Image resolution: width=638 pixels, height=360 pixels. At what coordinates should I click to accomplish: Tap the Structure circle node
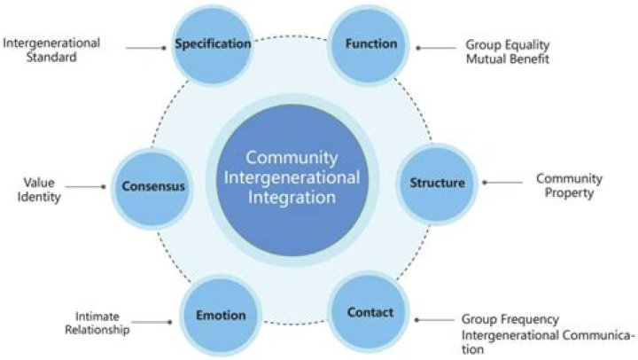[436, 184]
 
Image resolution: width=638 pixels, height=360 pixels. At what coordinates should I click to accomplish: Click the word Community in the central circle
[292, 159]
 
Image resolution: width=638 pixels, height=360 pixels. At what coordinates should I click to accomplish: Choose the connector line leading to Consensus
[87, 187]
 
